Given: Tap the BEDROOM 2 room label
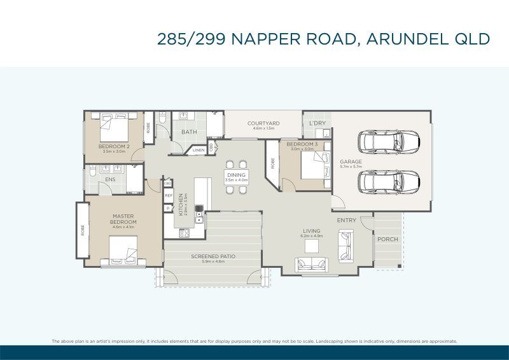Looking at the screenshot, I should coord(114,146).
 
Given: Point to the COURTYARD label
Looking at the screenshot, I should coord(263,123).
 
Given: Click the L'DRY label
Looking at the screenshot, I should coord(317,123).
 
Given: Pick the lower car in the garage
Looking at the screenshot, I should coord(388,181).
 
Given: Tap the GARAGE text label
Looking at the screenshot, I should coord(351,162).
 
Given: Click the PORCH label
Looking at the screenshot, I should coord(387,240).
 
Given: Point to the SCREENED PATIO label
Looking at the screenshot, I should coord(213,256).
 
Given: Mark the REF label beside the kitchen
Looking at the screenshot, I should coord(169,196).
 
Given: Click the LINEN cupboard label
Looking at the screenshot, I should coord(199,150).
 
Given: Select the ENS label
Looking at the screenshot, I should coord(110,179).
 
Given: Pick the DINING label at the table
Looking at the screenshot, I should coord(236,175).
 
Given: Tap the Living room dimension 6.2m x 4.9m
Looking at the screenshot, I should coord(312,236).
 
